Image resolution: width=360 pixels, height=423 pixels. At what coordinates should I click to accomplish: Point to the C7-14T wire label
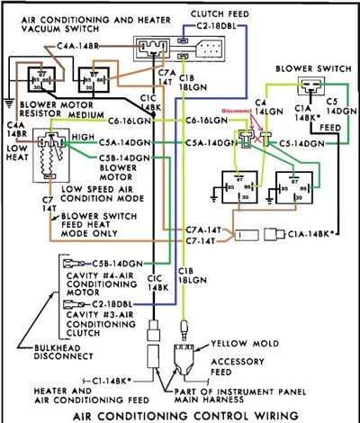(205, 241)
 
